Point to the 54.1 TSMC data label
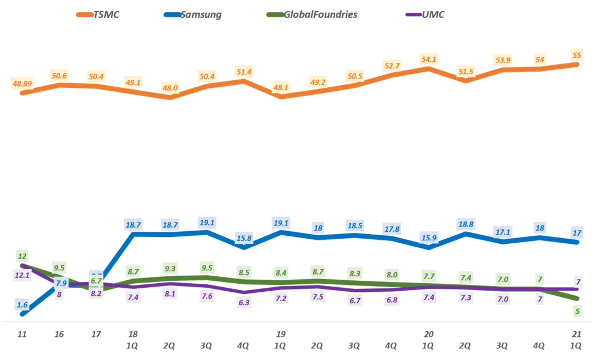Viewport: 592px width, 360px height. point(428,59)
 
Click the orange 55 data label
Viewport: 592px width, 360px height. point(576,54)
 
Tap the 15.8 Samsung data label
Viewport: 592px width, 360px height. point(244,237)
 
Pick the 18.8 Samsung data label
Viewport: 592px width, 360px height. point(465,224)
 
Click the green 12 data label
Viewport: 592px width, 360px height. point(22,256)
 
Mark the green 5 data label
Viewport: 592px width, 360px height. point(576,311)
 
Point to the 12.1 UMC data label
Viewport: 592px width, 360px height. point(22,275)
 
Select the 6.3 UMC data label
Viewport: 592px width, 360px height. point(244,302)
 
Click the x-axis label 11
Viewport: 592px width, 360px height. point(22,334)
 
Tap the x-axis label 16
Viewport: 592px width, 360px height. point(59,334)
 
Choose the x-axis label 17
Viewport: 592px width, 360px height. point(96,334)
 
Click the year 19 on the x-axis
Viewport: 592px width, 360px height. point(280,334)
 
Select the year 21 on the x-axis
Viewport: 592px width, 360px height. point(576,334)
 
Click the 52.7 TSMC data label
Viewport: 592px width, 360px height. point(391,65)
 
